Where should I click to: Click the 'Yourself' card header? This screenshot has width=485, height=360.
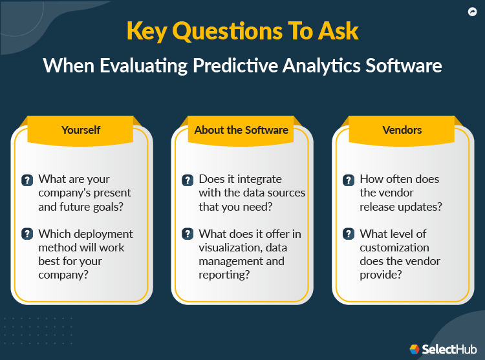tap(81, 130)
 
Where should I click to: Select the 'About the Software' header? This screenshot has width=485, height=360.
tap(241, 130)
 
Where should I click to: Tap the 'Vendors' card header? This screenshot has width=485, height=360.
tap(402, 130)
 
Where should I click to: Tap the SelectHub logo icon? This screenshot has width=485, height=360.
tap(415, 349)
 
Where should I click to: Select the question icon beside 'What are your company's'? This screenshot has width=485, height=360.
tap(27, 180)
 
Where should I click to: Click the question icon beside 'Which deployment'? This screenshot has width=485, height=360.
tap(27, 235)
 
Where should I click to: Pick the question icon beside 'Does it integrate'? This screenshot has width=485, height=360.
tap(188, 180)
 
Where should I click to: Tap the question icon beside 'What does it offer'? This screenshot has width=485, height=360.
tap(188, 235)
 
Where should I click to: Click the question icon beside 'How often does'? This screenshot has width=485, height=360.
tap(348, 180)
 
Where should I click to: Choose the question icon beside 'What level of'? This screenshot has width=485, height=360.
tap(348, 235)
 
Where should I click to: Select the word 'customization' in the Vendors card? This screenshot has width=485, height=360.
tap(395, 248)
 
